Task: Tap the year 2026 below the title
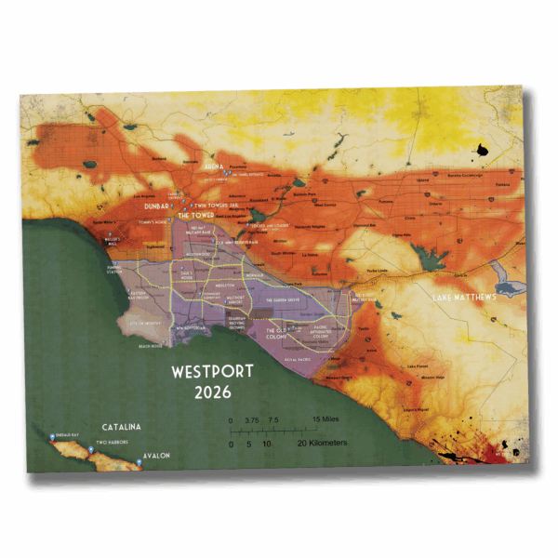point(214,392)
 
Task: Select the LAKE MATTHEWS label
point(464,299)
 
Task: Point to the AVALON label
point(155,457)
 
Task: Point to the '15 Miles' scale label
point(325,419)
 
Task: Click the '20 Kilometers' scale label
point(322,444)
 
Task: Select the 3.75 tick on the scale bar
point(249,419)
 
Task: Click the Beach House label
point(150,345)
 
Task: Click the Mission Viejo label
point(427,378)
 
